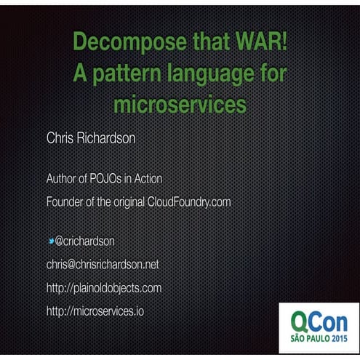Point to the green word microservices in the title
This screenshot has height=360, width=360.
pyautogui.click(x=180, y=105)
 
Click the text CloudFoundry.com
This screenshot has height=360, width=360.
pyautogui.click(x=189, y=201)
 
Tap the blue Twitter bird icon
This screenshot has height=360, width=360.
pyautogui.click(x=50, y=240)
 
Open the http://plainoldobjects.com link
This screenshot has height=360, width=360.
pyautogui.click(x=103, y=287)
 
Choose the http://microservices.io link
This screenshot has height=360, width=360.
pyautogui.click(x=90, y=311)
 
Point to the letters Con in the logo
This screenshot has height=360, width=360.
pyautogui.click(x=331, y=322)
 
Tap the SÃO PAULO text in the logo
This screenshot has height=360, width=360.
pyautogui.click(x=309, y=340)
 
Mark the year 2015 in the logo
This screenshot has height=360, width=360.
pyautogui.click(x=340, y=340)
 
